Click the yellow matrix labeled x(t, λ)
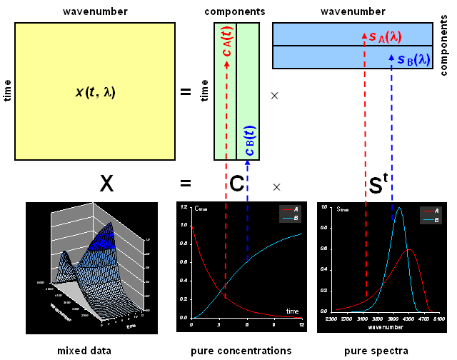click(x=95, y=91)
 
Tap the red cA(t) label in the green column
click(x=226, y=43)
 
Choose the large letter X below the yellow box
click(x=106, y=185)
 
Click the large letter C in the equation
click(x=238, y=185)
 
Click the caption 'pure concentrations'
click(x=241, y=351)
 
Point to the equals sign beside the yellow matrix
click(x=186, y=92)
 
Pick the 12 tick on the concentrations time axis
click(x=302, y=325)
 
